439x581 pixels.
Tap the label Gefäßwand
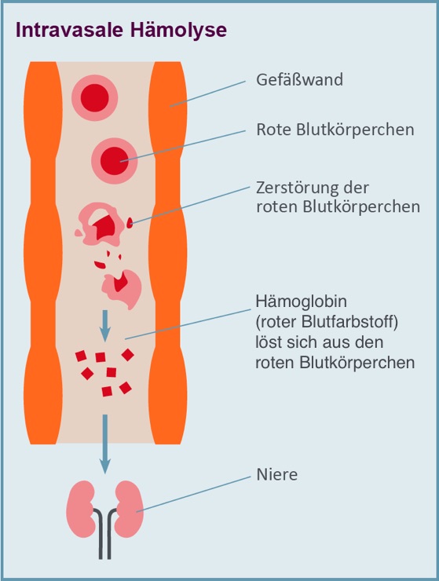pos(299,79)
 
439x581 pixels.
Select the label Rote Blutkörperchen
pos(335,130)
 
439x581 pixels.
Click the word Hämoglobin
pos(301,301)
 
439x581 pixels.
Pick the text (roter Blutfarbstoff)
pos(327,322)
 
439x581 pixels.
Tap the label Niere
pos(277,475)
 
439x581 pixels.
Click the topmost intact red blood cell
pos(94,98)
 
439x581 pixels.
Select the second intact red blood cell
pos(115,160)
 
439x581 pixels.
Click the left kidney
pos(80,509)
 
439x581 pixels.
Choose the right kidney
pos(129,509)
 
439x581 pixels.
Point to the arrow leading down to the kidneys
pos(105,444)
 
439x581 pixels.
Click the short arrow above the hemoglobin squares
pos(105,326)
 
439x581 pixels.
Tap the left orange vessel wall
pos(42,253)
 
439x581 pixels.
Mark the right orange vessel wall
pos(168,253)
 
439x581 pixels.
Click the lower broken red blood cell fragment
pos(122,289)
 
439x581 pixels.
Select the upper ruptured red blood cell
pos(103,224)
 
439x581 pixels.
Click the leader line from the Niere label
pos(193,495)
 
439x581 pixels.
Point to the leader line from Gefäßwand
pos(207,93)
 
